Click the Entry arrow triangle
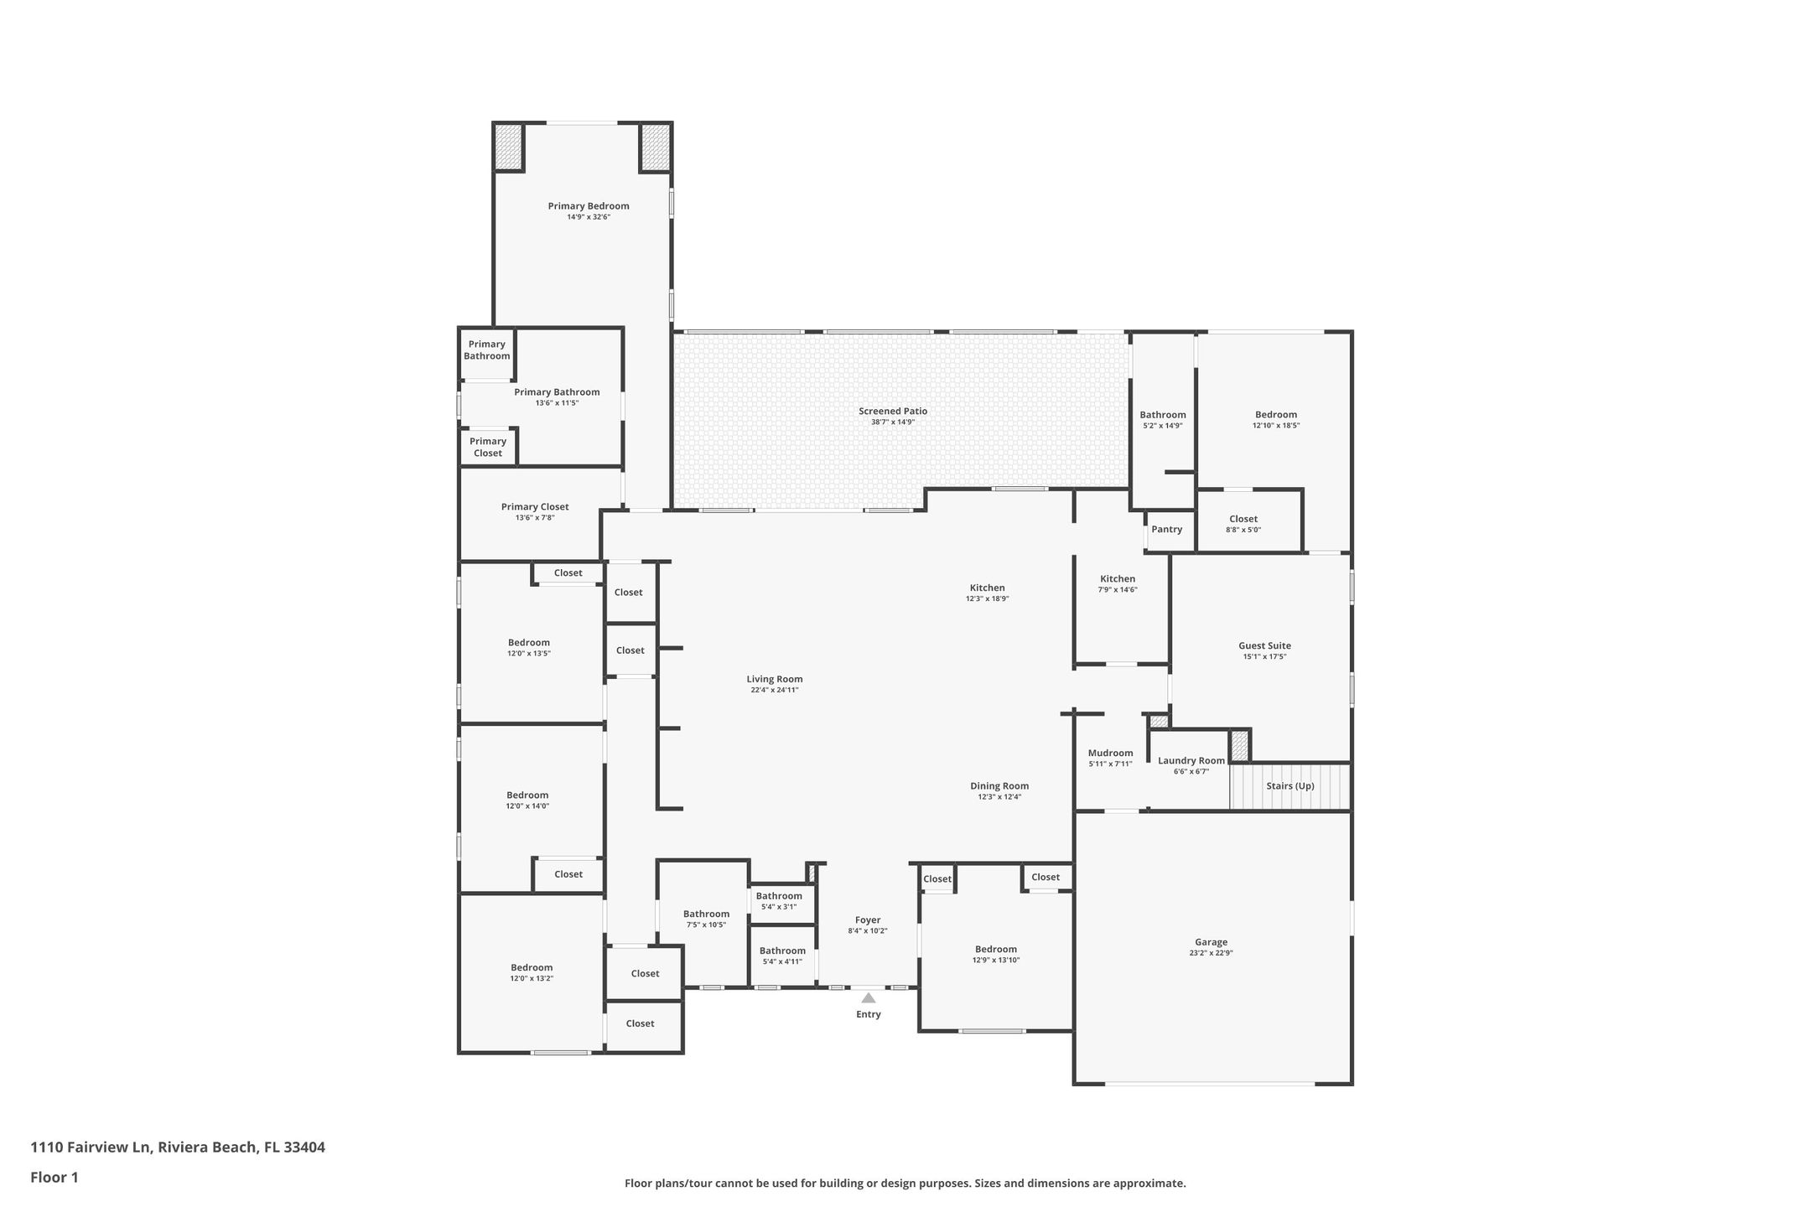tap(869, 997)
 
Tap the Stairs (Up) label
tap(1290, 786)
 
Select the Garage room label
tap(1212, 942)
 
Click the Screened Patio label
tap(893, 411)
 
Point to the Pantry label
tap(1167, 530)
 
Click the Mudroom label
tap(1111, 753)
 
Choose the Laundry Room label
tap(1191, 761)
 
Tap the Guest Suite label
tap(1265, 645)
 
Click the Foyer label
tap(868, 919)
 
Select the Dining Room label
tap(999, 786)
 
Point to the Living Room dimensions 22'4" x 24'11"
tap(775, 691)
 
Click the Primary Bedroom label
tap(589, 206)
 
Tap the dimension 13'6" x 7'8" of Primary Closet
tap(535, 518)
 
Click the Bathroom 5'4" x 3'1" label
tap(779, 896)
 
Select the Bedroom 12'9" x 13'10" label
tap(996, 950)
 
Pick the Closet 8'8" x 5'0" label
tap(1243, 519)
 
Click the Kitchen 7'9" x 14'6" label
tap(1118, 579)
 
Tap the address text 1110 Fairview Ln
tap(91, 1147)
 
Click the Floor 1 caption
tap(54, 1177)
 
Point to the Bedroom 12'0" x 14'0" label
tap(527, 795)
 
